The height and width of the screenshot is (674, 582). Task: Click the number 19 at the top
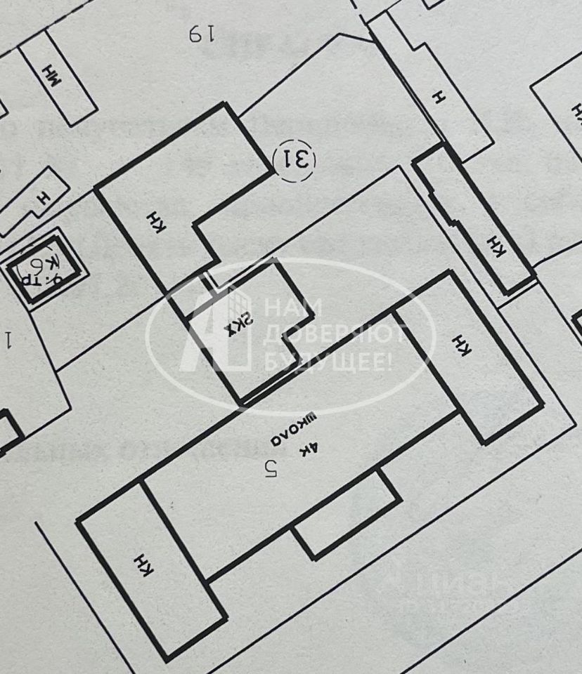[x=200, y=34]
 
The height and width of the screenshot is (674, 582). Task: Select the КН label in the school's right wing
[x=461, y=345]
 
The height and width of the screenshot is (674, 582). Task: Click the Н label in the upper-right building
[x=440, y=99]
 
